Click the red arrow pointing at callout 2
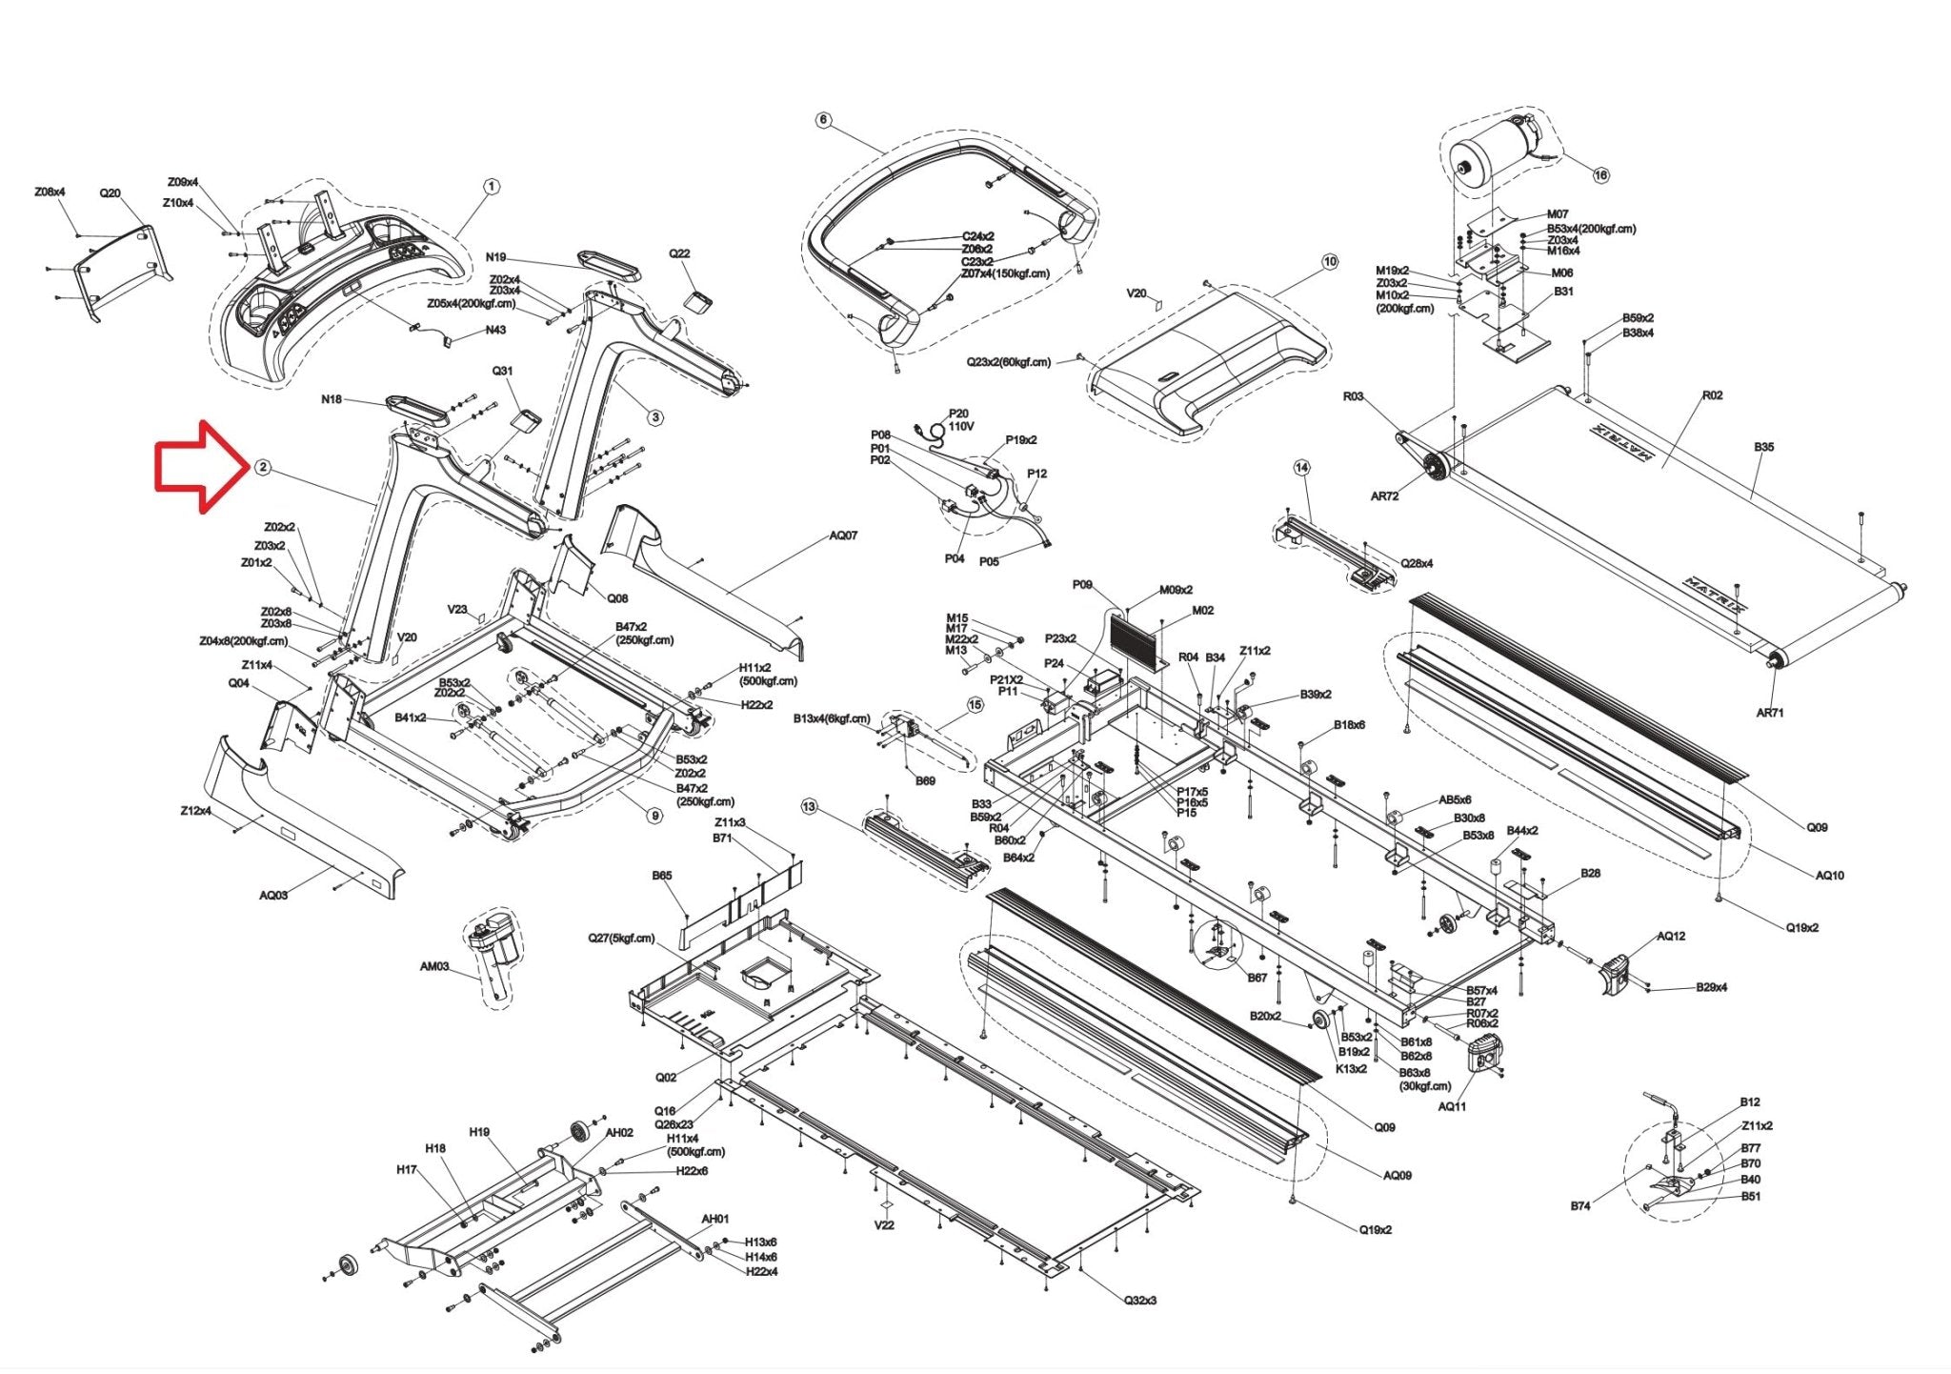198,466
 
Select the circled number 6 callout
824,120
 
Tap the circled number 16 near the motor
1600,174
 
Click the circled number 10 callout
1330,261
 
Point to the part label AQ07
843,535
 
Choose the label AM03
434,966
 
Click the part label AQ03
273,895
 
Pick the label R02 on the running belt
1712,395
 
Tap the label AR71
1769,713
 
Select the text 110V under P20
961,426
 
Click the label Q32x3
1140,1300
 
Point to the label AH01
715,1219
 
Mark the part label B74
1580,1205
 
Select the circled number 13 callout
809,807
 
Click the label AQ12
1671,936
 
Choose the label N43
495,330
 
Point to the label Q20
111,193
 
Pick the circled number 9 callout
654,816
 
